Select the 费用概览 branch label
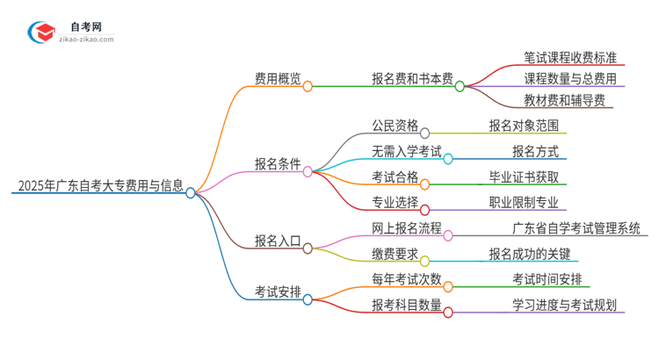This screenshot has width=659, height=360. pos(277,79)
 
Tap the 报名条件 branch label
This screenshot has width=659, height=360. pos(277,164)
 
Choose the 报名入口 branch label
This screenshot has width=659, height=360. pos(277,241)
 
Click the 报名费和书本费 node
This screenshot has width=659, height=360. pos(411,79)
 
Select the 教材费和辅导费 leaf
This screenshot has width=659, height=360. pos(563,100)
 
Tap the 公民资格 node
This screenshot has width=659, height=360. pos(395,125)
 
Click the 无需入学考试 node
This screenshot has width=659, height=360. pos(406,151)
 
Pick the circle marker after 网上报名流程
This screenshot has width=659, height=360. pos(448,235)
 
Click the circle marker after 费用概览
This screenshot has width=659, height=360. pos(308,86)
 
